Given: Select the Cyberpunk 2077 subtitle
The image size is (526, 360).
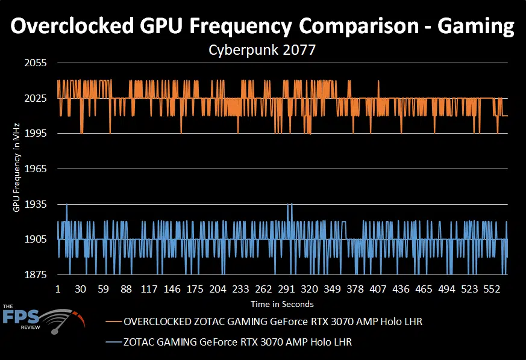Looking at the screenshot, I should tap(262, 51).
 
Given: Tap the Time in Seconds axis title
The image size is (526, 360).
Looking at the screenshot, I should tap(283, 303).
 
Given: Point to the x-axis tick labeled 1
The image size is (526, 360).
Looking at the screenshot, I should tap(58, 289).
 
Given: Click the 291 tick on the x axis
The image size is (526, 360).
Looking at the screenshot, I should tap(287, 289).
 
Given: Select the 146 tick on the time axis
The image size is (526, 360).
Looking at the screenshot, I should tap(172, 289).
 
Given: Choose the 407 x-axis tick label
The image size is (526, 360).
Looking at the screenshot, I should tap(378, 289).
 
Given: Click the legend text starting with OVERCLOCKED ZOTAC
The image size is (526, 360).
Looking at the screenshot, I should tap(272, 322).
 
